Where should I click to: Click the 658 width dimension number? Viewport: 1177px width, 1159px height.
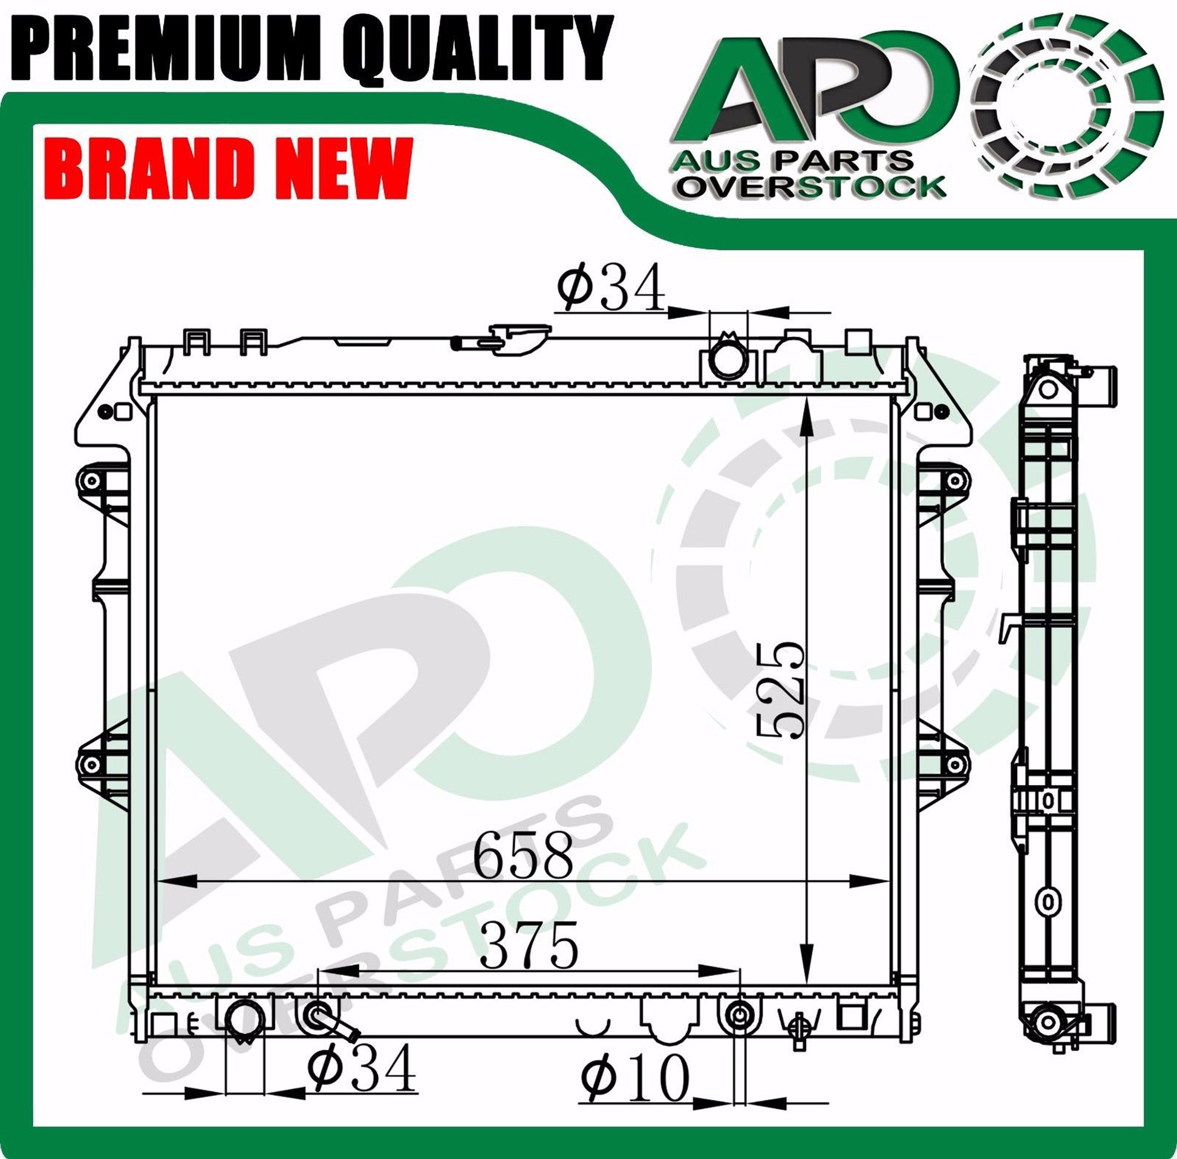click(523, 855)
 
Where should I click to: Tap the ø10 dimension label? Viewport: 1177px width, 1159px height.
click(634, 1077)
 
